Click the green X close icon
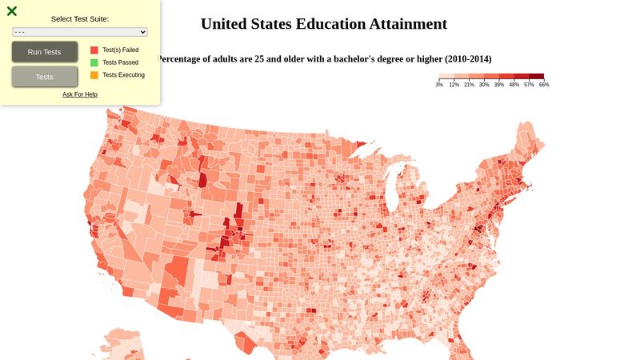(x=12, y=11)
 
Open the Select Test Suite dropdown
(x=80, y=32)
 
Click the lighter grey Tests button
(x=45, y=77)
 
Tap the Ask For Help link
(x=80, y=94)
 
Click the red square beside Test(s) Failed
(x=94, y=50)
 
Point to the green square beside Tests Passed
(x=94, y=62)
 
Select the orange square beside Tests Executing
(x=94, y=75)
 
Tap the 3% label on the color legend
(x=439, y=85)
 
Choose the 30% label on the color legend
(x=484, y=85)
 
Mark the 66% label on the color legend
(x=544, y=85)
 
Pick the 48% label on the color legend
(x=514, y=85)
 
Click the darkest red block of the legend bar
(x=536, y=77)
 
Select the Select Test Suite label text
(x=80, y=18)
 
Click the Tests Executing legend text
(x=123, y=75)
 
